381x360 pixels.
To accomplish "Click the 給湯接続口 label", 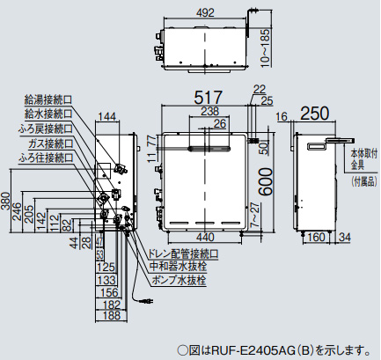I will [x=49, y=101].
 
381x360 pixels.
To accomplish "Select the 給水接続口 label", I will [x=49, y=114].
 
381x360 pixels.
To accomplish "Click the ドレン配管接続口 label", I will [x=182, y=253].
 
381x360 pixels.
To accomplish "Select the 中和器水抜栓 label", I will [x=177, y=267].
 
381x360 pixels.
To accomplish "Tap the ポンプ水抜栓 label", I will [x=177, y=281].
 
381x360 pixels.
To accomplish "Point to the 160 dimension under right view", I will [x=316, y=237].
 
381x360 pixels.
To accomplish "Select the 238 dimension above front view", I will [x=209, y=111].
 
